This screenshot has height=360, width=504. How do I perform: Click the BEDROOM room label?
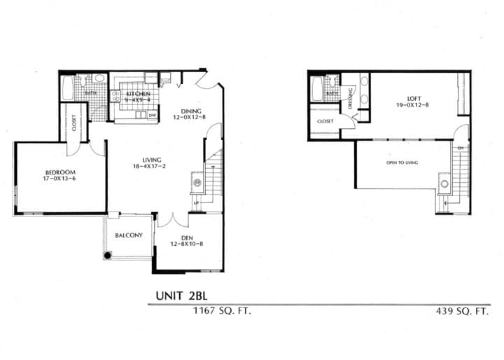[x=60, y=172]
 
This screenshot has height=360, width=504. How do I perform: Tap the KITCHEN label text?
[x=139, y=93]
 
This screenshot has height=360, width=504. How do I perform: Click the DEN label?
[x=186, y=238]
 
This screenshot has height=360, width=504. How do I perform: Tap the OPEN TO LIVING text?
[x=402, y=162]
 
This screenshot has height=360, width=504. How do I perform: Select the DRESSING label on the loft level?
[x=350, y=105]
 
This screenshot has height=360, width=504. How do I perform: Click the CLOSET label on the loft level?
[x=325, y=121]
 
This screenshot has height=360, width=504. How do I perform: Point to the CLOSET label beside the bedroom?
[x=74, y=123]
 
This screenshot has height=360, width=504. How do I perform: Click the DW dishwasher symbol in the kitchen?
[x=152, y=115]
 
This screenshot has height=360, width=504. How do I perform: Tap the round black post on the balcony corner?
[x=107, y=256]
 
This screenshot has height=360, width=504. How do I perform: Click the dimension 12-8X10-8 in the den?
[x=186, y=245]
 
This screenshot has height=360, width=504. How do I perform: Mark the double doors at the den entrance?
[x=173, y=220]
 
